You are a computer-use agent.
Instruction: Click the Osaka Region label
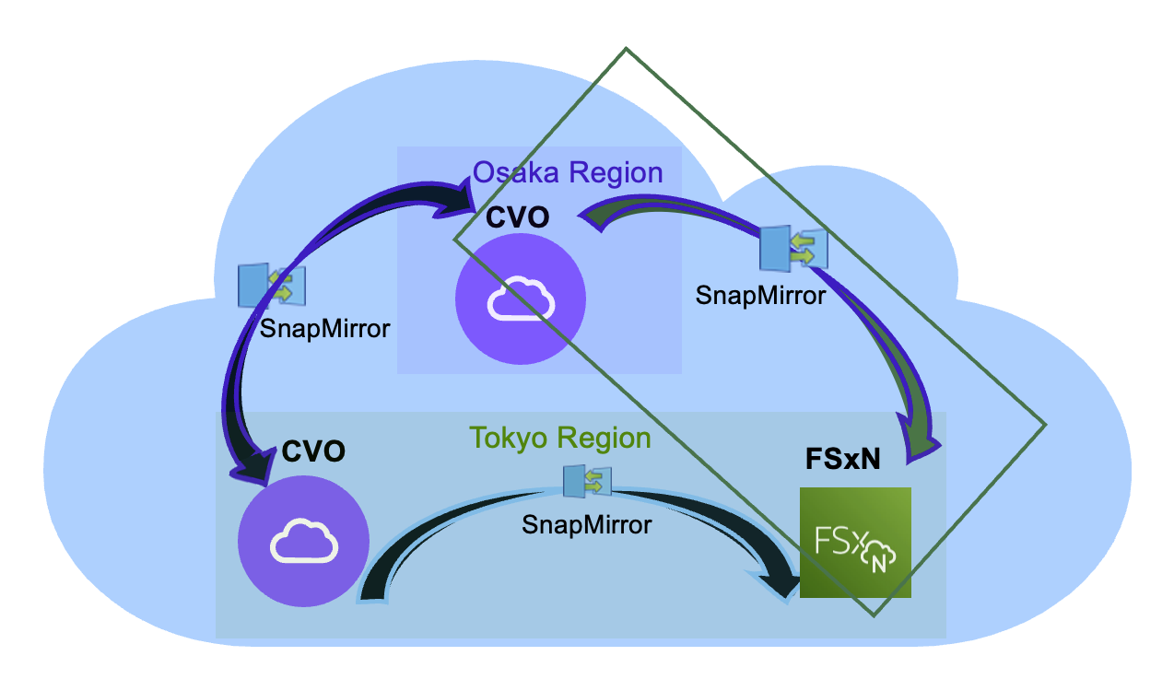click(x=568, y=172)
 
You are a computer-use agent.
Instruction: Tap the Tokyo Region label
click(x=560, y=437)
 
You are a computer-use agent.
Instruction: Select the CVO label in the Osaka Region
click(x=517, y=217)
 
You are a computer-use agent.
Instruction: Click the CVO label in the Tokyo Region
click(x=313, y=451)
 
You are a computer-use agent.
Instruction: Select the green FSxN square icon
click(x=855, y=543)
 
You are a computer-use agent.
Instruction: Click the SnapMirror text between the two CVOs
click(x=324, y=328)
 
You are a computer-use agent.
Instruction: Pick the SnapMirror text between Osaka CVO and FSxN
click(x=760, y=295)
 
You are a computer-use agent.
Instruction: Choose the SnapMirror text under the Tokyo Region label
click(x=586, y=524)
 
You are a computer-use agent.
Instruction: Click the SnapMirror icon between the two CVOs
click(x=272, y=285)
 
